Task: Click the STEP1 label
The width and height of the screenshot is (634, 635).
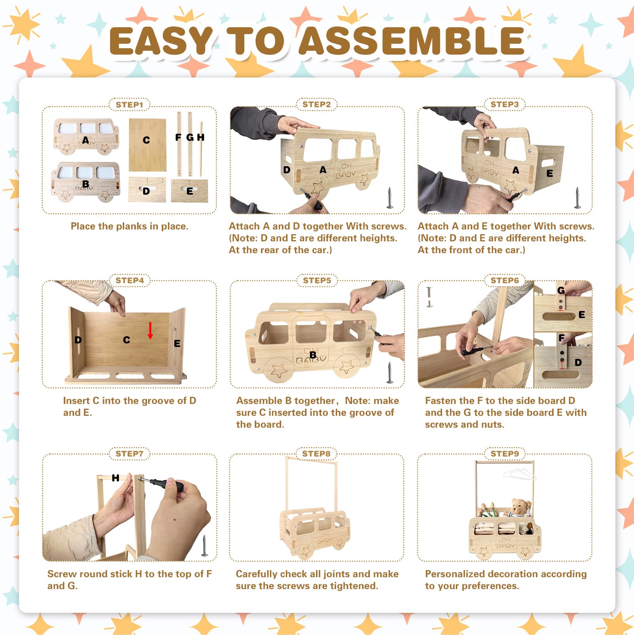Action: coord(129,105)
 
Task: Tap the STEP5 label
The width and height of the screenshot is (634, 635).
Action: coord(317,280)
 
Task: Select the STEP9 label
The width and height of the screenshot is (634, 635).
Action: coord(505,453)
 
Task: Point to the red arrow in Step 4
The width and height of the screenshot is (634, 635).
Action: coord(150,330)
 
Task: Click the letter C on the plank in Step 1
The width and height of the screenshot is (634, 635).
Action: coord(147,140)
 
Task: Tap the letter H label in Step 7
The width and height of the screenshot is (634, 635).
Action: coord(116,478)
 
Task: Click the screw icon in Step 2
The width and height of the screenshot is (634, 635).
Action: coord(390,198)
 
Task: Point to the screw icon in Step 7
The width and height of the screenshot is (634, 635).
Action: coord(205,546)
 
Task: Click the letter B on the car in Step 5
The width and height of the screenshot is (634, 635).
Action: coord(313,355)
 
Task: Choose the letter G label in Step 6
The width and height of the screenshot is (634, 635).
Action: coord(561,290)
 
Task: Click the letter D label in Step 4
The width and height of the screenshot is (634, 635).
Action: coord(78,340)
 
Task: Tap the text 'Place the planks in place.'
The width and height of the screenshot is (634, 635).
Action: coord(129,226)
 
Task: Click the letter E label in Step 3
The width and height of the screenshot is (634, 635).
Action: coord(550,173)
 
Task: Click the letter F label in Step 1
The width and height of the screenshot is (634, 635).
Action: coord(178,137)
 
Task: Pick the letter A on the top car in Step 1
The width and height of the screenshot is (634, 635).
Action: coord(86,140)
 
